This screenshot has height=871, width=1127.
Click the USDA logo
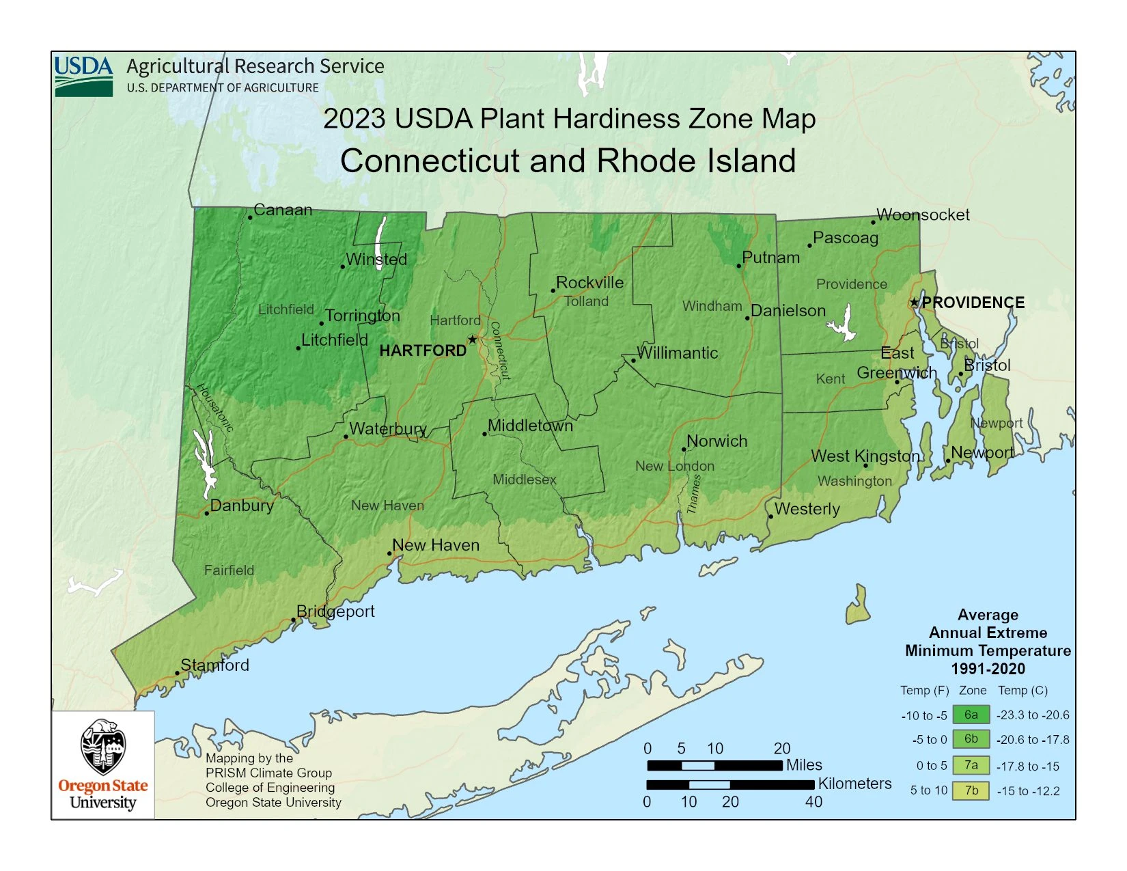[83, 76]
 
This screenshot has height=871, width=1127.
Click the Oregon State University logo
[103, 764]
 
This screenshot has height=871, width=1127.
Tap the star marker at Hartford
[472, 340]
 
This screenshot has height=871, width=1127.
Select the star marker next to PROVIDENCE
[914, 302]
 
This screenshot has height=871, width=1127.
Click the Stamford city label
[214, 665]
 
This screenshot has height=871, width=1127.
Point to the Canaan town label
[283, 210]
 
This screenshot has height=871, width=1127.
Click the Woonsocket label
[923, 215]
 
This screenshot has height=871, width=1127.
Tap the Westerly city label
[807, 509]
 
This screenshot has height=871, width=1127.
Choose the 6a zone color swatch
[971, 715]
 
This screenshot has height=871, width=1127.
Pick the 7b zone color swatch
[971, 790]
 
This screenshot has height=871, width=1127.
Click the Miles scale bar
[714, 765]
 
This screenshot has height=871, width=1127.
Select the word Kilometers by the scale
[854, 784]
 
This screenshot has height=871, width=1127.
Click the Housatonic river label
[215, 408]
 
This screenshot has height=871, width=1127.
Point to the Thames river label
[694, 494]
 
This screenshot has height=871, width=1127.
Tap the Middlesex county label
[525, 480]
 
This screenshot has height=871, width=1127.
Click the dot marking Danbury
[207, 513]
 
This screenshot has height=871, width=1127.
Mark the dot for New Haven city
[390, 553]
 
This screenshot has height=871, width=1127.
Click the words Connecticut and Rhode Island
[568, 161]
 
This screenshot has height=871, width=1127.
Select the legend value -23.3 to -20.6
[1033, 715]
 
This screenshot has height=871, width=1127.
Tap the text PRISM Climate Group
[268, 773]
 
